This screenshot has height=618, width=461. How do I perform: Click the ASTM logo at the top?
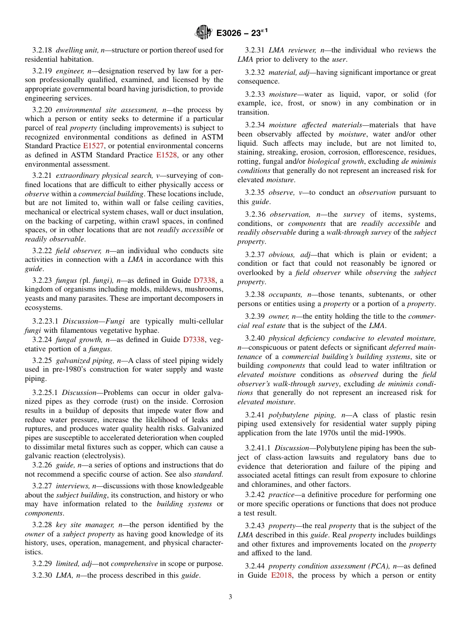tap(203, 32)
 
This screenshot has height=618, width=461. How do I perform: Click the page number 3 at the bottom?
tap(230, 597)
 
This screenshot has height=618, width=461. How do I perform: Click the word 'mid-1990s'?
tap(388, 433)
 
